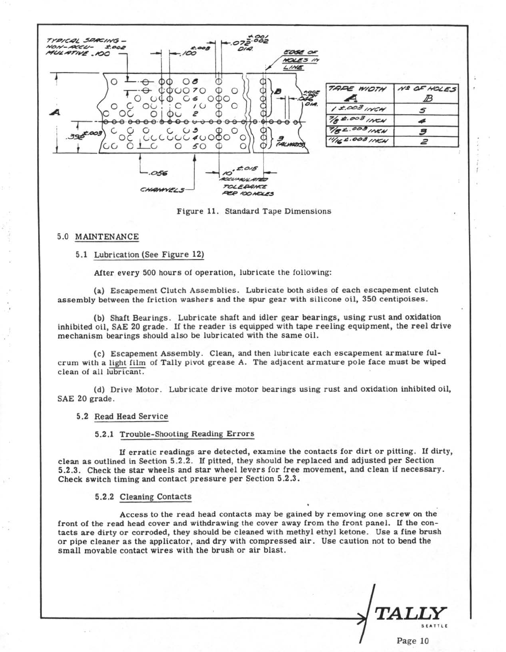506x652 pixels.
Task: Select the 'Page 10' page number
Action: pyautogui.click(x=413, y=641)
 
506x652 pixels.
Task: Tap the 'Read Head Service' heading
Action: pyautogui.click(x=131, y=416)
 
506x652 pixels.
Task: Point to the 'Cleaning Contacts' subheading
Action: pyautogui.click(x=155, y=497)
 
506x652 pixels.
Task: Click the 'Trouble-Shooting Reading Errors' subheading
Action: pyautogui.click(x=186, y=434)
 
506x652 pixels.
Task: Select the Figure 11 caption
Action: pyautogui.click(x=254, y=211)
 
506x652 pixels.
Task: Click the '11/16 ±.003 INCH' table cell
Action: pyautogui.click(x=358, y=141)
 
